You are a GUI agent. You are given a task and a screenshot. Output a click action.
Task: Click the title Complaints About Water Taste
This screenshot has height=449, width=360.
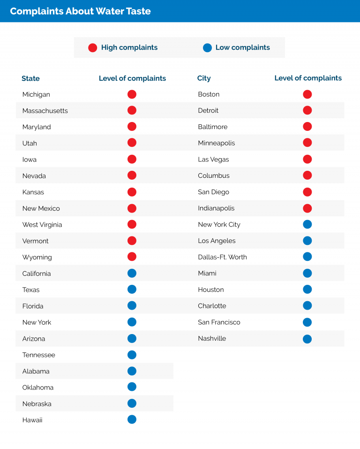80,11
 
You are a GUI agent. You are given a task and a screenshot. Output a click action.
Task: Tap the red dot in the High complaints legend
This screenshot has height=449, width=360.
92,47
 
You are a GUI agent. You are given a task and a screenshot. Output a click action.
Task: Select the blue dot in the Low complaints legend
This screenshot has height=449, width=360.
207,47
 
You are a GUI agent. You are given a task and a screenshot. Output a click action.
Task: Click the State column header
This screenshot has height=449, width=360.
30,78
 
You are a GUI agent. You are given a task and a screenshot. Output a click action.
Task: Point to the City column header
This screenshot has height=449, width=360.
204,78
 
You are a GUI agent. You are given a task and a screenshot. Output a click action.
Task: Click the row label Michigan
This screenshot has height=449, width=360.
36,94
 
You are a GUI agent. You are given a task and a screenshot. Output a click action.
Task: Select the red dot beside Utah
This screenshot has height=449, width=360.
132,143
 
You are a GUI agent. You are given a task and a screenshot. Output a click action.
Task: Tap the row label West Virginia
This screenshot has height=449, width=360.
42,225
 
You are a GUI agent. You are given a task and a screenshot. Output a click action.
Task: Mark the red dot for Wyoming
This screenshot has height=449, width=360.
132,257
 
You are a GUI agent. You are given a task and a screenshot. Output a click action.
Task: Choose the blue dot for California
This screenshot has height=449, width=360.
132,273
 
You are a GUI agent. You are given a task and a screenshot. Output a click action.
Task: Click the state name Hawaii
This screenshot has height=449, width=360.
32,420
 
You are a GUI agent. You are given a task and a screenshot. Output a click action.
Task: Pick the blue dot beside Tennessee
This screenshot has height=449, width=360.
132,355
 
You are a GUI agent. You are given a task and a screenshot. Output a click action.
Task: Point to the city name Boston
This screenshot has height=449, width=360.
209,94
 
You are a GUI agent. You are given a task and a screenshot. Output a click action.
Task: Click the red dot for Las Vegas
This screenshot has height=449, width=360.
307,159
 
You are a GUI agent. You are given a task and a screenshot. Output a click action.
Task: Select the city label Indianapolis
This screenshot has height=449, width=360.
216,208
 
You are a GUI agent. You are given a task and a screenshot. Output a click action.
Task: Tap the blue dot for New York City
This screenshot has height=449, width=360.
307,224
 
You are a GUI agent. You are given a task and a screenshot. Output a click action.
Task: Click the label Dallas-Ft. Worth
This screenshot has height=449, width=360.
222,257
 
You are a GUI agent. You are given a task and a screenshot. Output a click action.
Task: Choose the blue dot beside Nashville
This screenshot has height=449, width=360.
307,339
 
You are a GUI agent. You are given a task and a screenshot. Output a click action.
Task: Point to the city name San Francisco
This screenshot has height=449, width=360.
219,322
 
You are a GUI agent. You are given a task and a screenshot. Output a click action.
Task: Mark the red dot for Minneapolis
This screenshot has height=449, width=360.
307,143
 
